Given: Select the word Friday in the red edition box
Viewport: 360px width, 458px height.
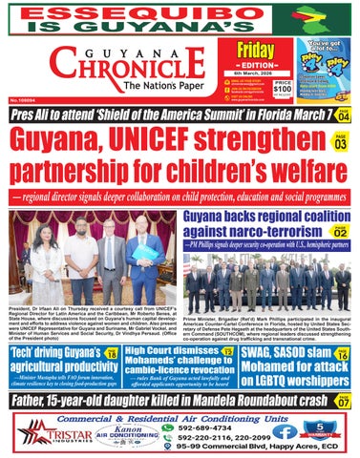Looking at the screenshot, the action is click(x=255, y=52).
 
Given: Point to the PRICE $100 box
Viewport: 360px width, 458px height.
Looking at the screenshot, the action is click(x=283, y=88).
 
